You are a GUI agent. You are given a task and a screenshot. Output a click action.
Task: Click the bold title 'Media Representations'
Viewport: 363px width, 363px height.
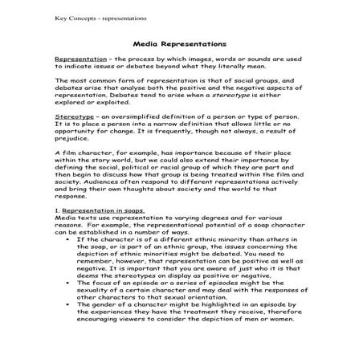181,46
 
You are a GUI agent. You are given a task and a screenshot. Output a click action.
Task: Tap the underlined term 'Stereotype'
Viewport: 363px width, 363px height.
72,116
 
